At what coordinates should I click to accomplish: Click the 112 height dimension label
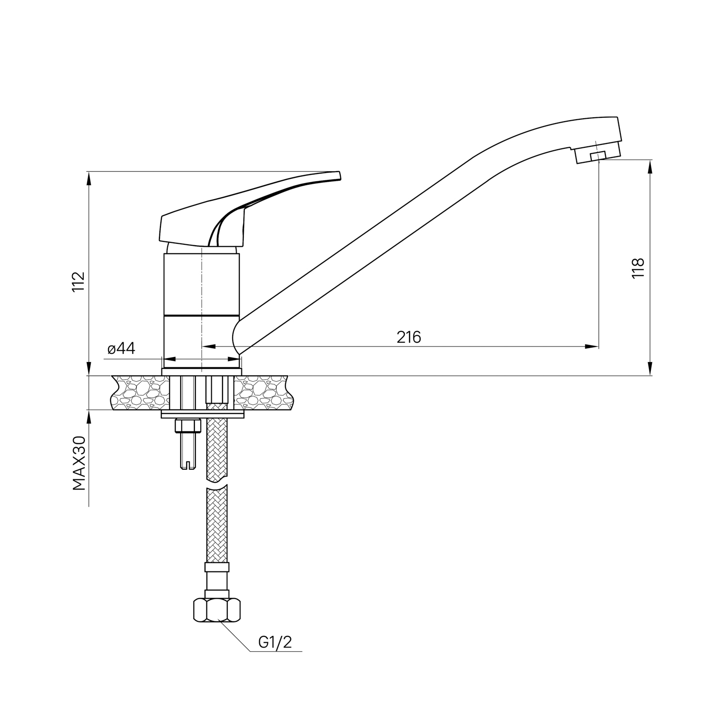coord(79,281)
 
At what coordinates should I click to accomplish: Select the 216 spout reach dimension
coord(409,337)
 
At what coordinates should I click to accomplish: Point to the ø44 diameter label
coord(121,348)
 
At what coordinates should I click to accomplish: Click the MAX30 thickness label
coord(79,463)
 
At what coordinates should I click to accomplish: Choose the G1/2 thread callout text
coord(275,643)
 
